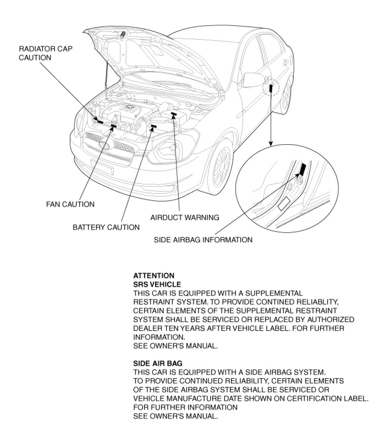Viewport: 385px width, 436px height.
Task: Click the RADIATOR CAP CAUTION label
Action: point(45,53)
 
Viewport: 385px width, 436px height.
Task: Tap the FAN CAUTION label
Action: point(70,204)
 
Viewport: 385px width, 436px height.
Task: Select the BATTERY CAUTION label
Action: point(106,227)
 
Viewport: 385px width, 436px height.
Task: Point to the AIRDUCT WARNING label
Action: point(184,217)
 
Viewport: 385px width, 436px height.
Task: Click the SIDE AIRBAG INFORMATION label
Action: point(203,240)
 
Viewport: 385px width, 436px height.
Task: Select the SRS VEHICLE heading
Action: point(157,284)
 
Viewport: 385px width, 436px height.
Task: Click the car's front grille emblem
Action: point(105,144)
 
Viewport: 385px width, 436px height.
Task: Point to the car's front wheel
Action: point(221,165)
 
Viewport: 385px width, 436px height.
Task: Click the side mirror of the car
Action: point(253,79)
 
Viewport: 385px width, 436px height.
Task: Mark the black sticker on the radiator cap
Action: point(100,120)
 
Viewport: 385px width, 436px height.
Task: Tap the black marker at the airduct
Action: point(173,114)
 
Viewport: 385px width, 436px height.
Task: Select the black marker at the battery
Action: point(153,126)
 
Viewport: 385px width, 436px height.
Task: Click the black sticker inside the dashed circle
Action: point(271,89)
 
